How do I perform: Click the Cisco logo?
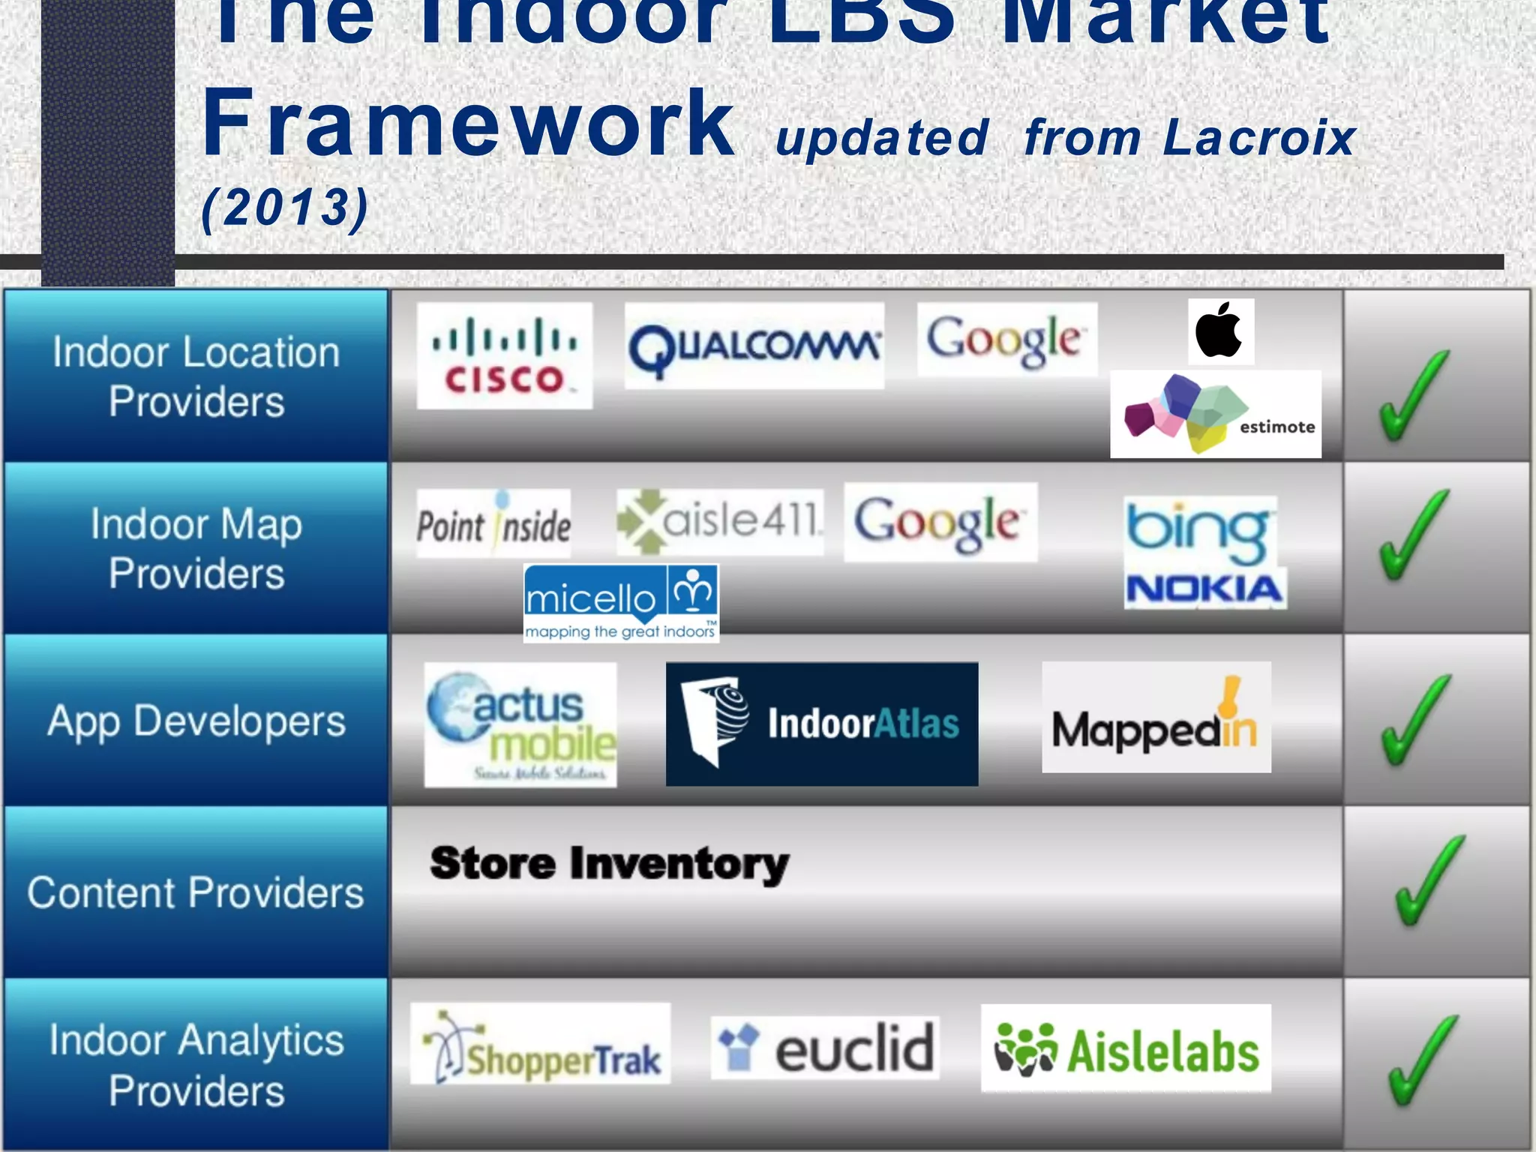[504, 355]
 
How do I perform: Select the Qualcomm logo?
[754, 346]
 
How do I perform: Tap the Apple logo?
[1220, 331]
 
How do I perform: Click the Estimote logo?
[1215, 414]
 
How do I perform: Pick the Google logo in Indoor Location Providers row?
[1006, 340]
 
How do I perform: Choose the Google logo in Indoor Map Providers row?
[940, 522]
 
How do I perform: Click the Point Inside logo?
[493, 523]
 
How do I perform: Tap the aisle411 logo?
[719, 522]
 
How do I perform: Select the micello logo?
[621, 603]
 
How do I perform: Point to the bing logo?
[1198, 532]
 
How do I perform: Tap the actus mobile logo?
[520, 724]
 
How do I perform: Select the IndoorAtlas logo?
[822, 724]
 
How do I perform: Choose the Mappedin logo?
[1156, 718]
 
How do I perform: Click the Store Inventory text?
[609, 864]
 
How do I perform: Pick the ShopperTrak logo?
[540, 1044]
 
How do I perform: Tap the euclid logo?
[825, 1048]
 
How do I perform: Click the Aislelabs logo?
[1126, 1048]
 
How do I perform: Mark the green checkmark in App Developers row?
[1416, 720]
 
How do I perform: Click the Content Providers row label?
[196, 892]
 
